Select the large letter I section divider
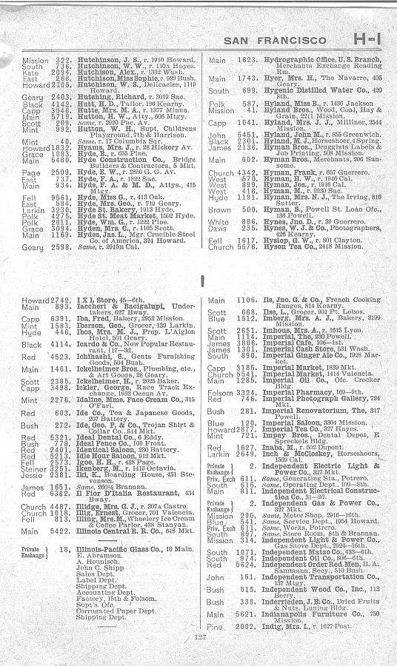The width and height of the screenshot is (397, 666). point(201,281)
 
